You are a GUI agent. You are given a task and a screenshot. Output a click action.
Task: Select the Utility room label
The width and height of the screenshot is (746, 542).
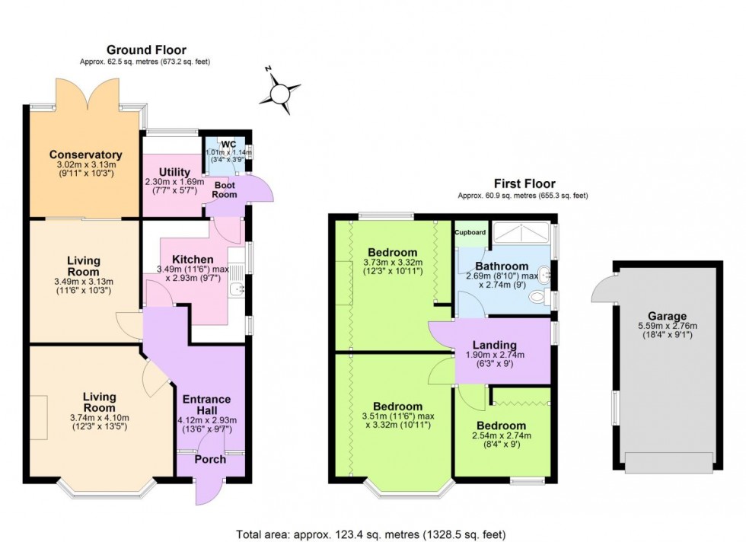174,173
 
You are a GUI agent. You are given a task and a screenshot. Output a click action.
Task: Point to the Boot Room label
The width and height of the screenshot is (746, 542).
225,190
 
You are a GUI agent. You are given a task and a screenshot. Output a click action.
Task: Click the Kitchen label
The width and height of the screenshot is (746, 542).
193,260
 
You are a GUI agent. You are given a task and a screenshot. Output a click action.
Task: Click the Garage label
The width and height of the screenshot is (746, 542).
667,316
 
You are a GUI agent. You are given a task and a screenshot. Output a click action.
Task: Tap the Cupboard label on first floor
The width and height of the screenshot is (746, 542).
470,232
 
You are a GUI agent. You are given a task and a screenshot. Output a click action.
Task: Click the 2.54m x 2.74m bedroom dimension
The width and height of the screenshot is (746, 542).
502,435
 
